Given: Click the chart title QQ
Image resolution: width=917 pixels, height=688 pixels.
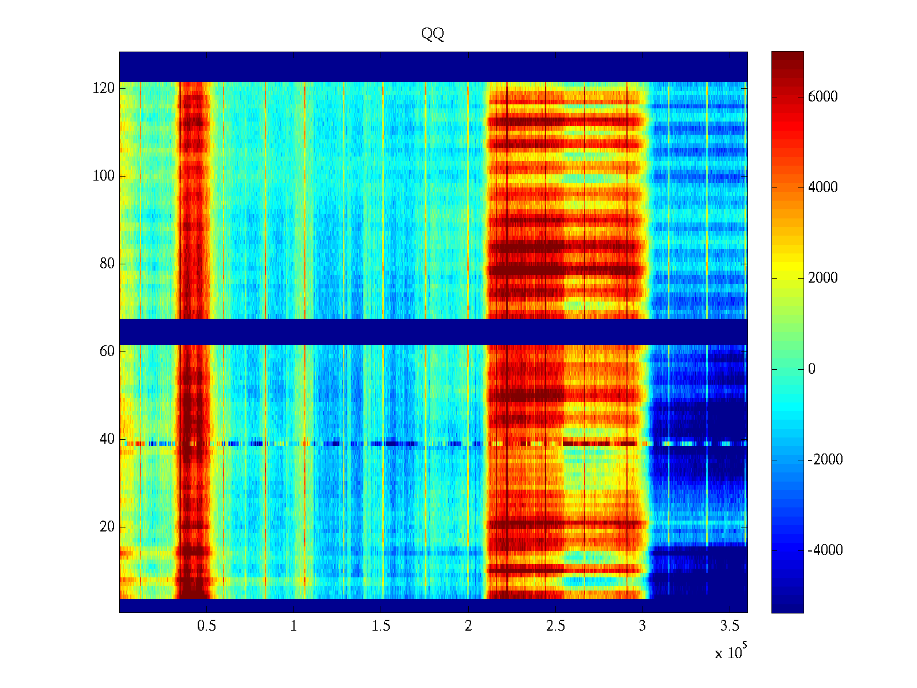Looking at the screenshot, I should point(433,34).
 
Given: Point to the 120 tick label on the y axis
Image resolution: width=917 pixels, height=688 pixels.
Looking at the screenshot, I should point(104,88).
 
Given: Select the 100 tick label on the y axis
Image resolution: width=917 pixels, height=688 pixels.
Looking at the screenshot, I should point(104,176).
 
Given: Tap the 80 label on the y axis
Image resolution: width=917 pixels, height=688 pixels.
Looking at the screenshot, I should point(107,264).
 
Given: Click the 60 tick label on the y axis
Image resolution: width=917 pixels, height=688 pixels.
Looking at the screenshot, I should point(107,351).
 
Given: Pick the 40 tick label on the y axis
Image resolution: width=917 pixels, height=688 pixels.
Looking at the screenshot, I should point(107,439).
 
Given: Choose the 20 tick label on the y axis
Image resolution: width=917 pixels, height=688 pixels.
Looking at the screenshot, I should point(107,527).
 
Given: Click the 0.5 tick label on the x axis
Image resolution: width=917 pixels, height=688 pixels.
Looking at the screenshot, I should point(206,626).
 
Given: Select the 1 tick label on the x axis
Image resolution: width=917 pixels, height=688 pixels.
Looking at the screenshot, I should point(294,626).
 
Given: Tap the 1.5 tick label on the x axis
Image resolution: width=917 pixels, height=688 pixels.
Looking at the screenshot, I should point(381,626).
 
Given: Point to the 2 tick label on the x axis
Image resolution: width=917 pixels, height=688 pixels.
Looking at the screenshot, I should point(468,626).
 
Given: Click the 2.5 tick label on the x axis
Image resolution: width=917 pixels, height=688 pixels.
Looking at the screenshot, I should point(555,626).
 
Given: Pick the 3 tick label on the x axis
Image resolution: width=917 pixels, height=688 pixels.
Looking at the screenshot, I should point(642,626).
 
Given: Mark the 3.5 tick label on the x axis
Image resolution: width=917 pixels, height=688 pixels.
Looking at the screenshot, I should point(730,626).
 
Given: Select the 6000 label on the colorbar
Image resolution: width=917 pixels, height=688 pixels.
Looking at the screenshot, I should point(822,97).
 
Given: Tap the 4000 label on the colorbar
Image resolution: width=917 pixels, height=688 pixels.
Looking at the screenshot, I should point(822,187).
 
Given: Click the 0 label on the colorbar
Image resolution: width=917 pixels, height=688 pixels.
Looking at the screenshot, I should point(812,369).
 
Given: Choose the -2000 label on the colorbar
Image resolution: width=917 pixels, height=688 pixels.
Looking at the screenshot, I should point(825,460).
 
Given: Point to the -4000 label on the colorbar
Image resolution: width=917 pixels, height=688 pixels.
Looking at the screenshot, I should point(825,550).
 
